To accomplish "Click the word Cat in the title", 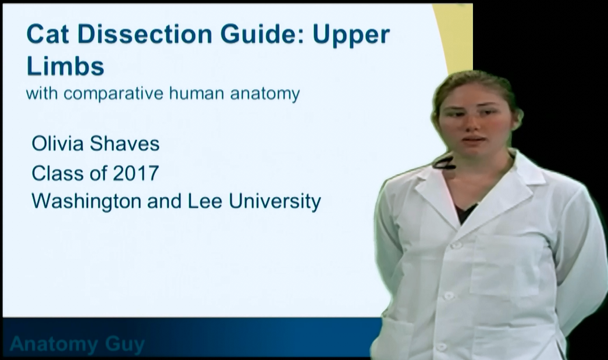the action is (x=48, y=34).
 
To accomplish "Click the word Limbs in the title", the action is (x=65, y=66).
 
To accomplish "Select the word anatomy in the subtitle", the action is (x=265, y=94).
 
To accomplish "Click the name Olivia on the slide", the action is (x=58, y=144).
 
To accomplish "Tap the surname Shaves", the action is (x=125, y=144).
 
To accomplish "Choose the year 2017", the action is (x=136, y=173).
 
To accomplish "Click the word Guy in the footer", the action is (x=125, y=344).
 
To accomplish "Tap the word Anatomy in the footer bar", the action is (x=54, y=344).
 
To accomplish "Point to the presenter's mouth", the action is (x=473, y=140).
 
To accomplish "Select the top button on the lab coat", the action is (x=457, y=245).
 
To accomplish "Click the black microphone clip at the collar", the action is (x=445, y=163).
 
